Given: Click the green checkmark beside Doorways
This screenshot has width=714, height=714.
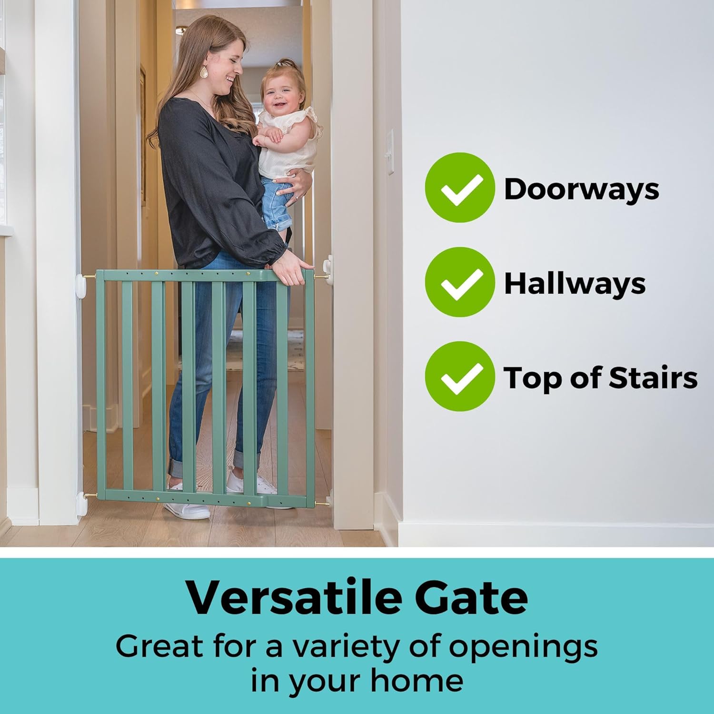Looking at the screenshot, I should tap(459, 188).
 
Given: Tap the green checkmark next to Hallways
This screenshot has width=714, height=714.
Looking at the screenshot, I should tap(459, 282).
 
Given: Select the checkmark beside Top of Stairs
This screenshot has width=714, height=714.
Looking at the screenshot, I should tap(459, 377).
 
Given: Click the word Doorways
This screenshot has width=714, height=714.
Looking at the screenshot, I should tap(581, 189).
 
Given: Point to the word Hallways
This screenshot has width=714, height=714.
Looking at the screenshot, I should tap(575, 284).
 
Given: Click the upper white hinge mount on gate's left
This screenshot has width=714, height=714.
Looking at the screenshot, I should tap(80, 285).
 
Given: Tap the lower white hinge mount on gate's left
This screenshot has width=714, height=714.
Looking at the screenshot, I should tap(82, 502).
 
